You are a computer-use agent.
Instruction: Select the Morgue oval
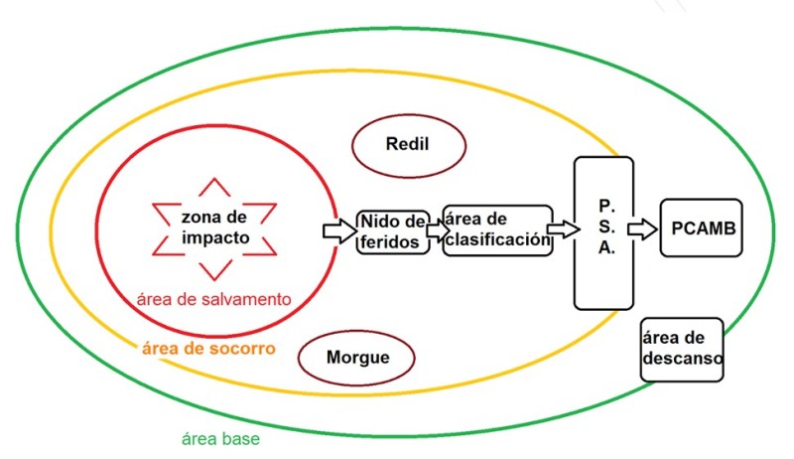[x=357, y=358]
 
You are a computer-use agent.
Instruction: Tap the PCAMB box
[x=703, y=229]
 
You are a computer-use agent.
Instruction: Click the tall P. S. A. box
[x=603, y=232]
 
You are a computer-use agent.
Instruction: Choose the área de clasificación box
[x=496, y=230]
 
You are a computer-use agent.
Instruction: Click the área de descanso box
[x=682, y=349]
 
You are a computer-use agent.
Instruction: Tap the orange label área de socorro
[x=208, y=349]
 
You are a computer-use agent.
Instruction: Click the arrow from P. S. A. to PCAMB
[x=643, y=229]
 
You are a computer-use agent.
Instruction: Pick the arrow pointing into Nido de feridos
[x=339, y=230]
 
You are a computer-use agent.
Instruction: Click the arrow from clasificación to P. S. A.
[x=563, y=229]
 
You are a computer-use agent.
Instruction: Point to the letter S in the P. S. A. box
[x=605, y=227]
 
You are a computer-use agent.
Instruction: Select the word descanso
[x=682, y=359]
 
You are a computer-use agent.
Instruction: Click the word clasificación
[x=496, y=239]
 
